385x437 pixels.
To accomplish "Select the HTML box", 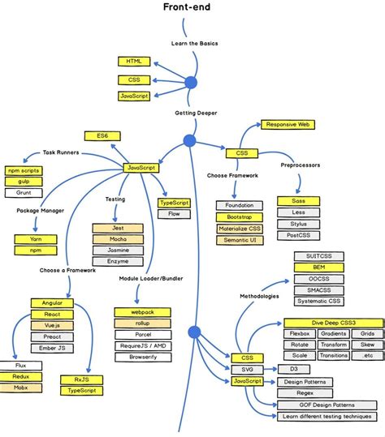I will pos(134,62).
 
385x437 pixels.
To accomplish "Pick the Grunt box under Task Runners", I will pos(24,193).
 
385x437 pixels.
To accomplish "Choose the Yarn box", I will pos(34,239).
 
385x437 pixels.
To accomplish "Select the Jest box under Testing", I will pos(118,229).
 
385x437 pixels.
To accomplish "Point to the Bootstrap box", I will pos(239,217).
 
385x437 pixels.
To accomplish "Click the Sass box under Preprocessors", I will pos(296,200).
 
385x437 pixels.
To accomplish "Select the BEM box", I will pos(319,267).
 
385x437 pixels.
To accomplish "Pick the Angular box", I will pos(52,302).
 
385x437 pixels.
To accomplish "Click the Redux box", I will pos(20,376).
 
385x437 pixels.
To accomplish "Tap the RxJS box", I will pos(80,378).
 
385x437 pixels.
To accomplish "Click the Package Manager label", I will pos(41,211).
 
